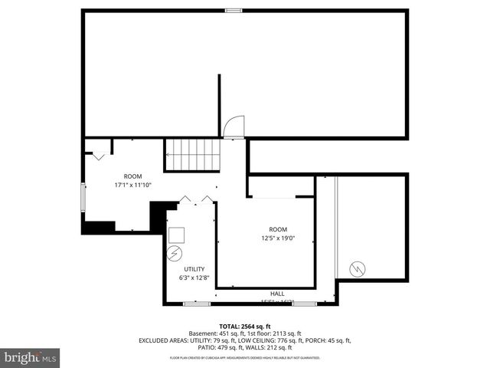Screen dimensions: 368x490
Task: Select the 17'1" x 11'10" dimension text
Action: tap(133, 185)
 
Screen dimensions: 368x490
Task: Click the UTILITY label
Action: tap(194, 269)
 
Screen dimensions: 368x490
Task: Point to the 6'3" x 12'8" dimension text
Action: tap(194, 278)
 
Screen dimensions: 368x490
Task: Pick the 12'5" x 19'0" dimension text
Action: tap(277, 238)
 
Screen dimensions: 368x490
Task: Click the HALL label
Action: tap(277, 294)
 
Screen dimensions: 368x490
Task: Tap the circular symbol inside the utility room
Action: tap(174, 252)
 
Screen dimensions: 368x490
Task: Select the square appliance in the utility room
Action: tap(177, 235)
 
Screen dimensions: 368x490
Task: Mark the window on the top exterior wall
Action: tap(234, 10)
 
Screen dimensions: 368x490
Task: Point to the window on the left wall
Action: tap(83, 198)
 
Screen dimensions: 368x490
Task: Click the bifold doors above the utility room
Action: tap(195, 199)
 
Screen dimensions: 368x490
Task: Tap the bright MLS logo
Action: tap(31, 357)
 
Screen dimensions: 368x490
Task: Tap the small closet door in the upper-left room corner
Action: tap(98, 156)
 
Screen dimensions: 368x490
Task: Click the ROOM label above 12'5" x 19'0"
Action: tap(277, 229)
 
